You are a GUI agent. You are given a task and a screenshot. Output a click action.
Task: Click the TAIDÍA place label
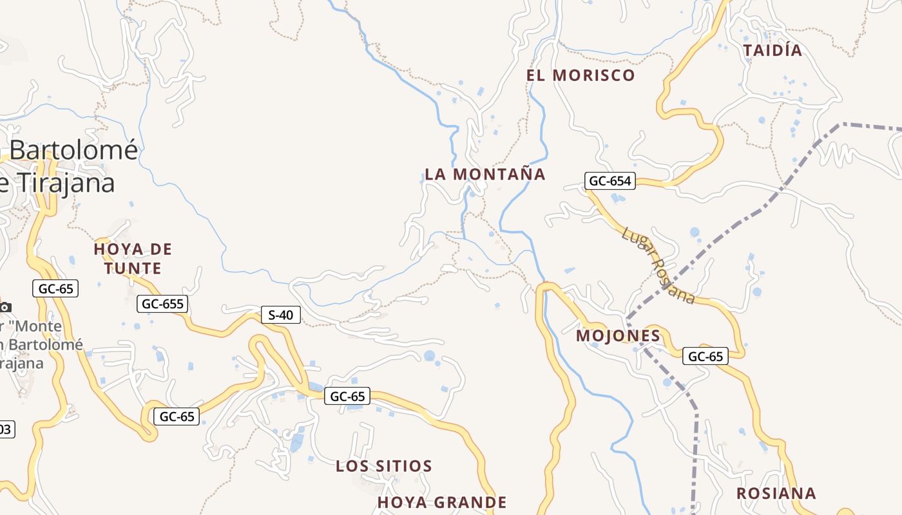click(772, 51)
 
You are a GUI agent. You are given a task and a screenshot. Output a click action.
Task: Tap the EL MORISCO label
click(581, 75)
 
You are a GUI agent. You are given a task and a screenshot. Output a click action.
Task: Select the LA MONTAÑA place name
click(485, 174)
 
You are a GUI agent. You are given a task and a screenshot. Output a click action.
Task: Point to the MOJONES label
click(618, 335)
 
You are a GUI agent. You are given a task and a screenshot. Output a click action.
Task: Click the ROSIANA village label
click(776, 494)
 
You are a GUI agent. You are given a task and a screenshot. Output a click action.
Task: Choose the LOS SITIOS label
click(383, 466)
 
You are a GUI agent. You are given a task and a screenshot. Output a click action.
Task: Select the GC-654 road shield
click(610, 181)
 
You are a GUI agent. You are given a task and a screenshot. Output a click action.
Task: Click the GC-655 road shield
click(162, 304)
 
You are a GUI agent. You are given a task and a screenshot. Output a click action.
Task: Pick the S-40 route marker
click(280, 315)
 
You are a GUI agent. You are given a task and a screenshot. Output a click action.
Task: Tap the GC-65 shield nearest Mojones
click(705, 356)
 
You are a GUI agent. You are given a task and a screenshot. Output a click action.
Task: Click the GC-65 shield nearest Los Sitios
click(347, 397)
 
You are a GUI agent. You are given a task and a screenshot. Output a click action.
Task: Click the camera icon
click(5, 307)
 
